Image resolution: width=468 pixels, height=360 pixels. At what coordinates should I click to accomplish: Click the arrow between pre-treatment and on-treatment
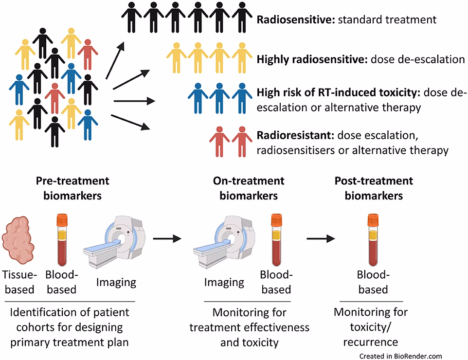166,238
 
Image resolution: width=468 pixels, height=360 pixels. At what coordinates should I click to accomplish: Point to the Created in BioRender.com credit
407,355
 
